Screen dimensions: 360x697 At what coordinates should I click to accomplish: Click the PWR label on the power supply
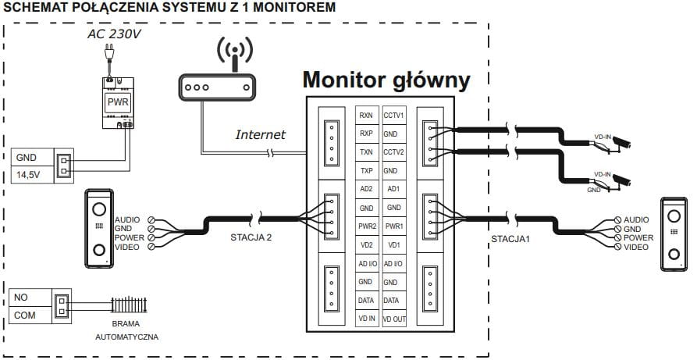click(x=118, y=102)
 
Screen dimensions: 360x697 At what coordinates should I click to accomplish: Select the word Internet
click(x=261, y=134)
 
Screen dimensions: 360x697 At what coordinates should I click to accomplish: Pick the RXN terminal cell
click(x=366, y=116)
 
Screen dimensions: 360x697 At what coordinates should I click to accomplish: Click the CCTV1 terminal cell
click(x=393, y=116)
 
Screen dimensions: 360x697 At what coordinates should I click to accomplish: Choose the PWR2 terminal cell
click(x=366, y=226)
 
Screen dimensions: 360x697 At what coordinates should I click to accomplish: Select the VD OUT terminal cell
click(x=393, y=318)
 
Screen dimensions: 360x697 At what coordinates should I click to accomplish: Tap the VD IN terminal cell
click(x=366, y=318)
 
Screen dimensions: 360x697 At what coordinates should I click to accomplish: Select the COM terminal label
click(x=23, y=315)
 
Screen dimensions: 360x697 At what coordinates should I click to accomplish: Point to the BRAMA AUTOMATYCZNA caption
click(x=126, y=330)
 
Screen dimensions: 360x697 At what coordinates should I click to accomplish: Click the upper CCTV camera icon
click(x=621, y=142)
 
